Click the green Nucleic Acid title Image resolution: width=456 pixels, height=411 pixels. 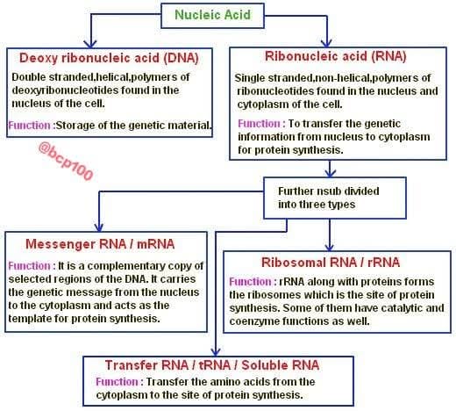(x=212, y=15)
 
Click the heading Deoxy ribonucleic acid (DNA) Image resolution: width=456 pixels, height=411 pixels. (x=109, y=58)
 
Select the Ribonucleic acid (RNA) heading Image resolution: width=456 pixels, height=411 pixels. (x=336, y=56)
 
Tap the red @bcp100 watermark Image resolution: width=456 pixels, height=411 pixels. (x=66, y=161)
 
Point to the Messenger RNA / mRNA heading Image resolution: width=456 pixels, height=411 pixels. (x=100, y=244)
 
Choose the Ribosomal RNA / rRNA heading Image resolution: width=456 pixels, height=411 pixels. (x=331, y=263)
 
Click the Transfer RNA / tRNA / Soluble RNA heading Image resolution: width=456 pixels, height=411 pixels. (x=212, y=365)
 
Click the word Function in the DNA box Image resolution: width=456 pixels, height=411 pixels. (x=29, y=126)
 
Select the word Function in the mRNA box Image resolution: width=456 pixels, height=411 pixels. (x=29, y=266)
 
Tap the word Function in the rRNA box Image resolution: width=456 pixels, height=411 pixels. (x=250, y=282)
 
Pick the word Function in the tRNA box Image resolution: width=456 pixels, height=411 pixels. (x=117, y=382)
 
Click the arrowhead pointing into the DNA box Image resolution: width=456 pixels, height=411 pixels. (x=90, y=44)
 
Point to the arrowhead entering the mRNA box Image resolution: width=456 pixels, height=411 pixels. (x=99, y=227)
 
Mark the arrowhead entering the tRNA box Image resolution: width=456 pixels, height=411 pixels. (x=216, y=351)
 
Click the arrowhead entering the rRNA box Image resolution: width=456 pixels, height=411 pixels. (x=330, y=247)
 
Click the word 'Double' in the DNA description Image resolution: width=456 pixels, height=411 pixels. (x=29, y=77)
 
